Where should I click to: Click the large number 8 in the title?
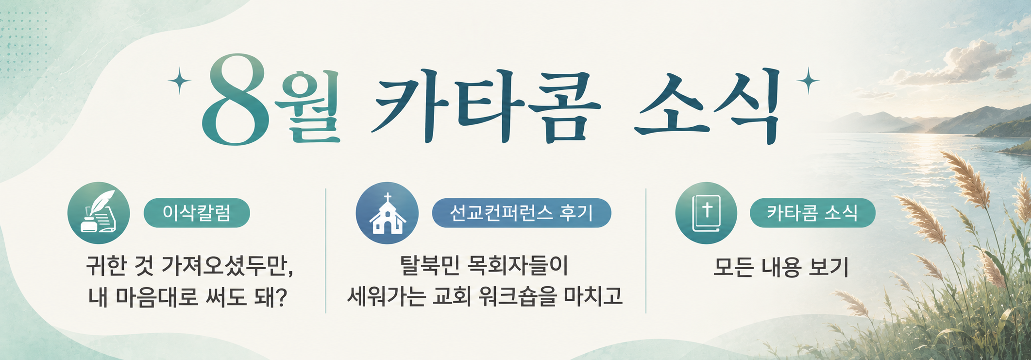click(237, 100)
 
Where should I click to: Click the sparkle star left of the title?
click(179, 81)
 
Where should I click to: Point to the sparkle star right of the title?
click(808, 81)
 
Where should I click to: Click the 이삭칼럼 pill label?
click(197, 213)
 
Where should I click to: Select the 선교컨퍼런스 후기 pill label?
click(522, 213)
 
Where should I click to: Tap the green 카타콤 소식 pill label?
click(812, 213)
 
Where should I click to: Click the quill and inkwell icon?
click(99, 213)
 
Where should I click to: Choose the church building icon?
click(387, 213)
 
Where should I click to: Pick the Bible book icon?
click(706, 213)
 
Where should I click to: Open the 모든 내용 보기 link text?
click(780, 267)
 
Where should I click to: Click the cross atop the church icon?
click(388, 198)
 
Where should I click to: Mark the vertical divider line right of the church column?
click(646, 251)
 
